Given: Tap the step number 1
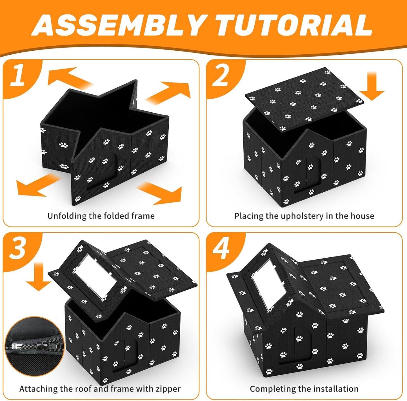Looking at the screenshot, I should [18, 75].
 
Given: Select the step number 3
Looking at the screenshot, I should [18, 248].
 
